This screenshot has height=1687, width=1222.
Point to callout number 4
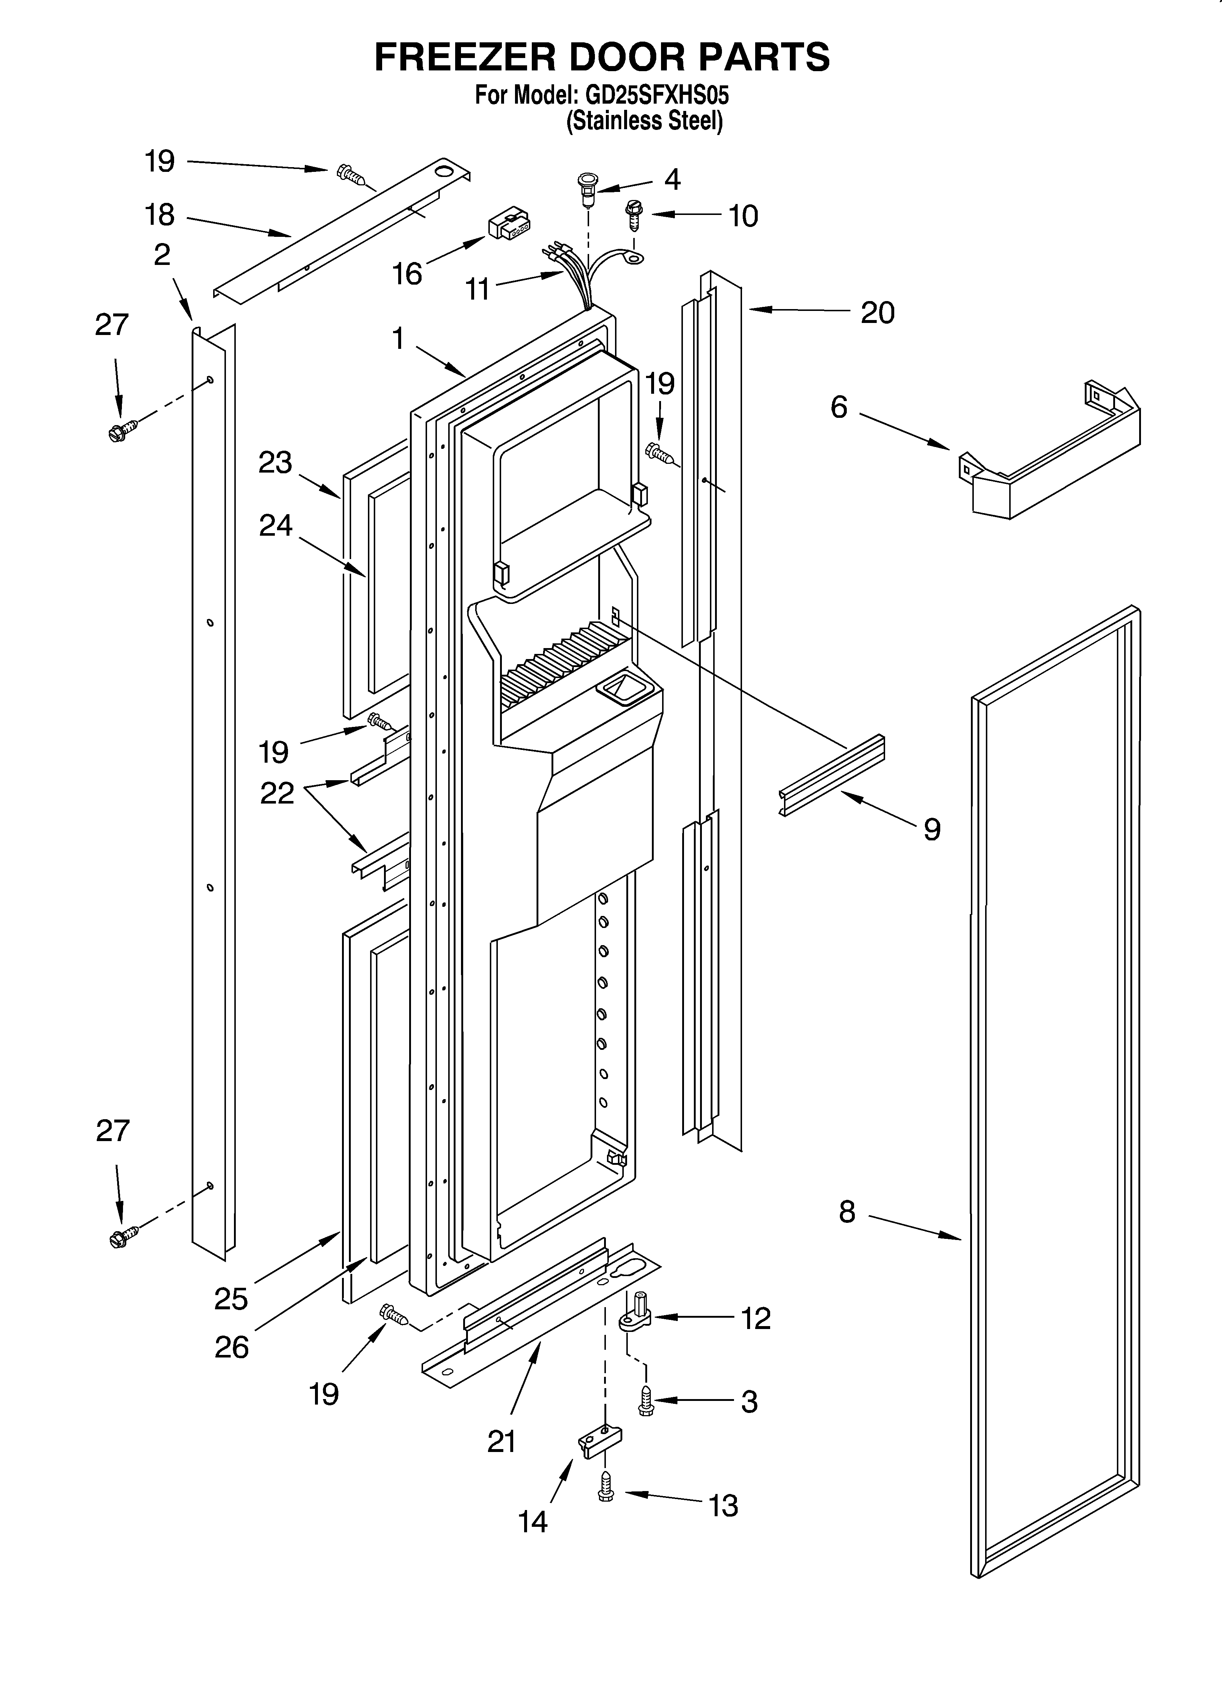(x=672, y=179)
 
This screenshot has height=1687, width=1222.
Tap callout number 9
(x=932, y=829)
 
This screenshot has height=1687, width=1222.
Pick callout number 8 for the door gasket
(x=847, y=1213)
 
